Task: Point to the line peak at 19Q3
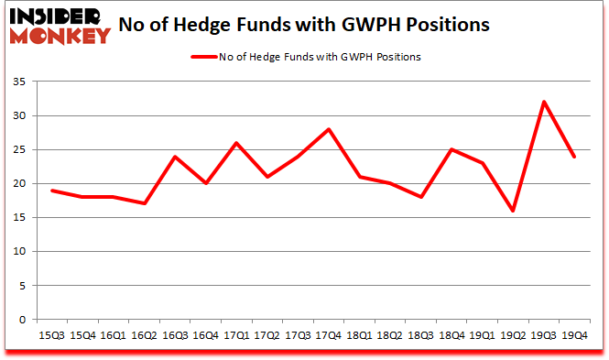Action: [x=544, y=102]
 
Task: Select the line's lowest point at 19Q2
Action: [x=513, y=211]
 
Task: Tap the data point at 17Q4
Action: [x=329, y=129]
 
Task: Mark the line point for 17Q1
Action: [x=236, y=143]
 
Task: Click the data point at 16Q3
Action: [x=175, y=157]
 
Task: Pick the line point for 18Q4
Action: [x=451, y=149]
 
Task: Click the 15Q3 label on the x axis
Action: [x=52, y=335]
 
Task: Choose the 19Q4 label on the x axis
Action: [x=575, y=335]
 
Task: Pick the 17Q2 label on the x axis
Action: [x=267, y=335]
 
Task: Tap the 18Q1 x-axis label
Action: [x=360, y=335]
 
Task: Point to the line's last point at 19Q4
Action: [x=574, y=157]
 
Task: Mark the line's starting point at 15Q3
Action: [x=52, y=191]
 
